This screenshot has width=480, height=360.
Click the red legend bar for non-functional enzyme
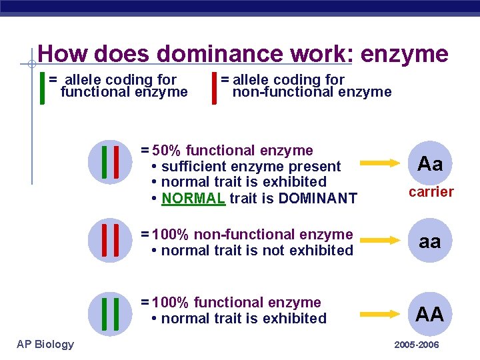pos(214,87)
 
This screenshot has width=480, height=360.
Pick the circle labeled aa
pos(430,241)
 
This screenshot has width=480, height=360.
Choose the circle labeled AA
pos(430,314)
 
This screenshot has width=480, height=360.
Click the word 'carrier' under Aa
pos(431,193)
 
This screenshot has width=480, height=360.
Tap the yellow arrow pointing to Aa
pos(383,163)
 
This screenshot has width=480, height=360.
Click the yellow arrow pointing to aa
pos(383,241)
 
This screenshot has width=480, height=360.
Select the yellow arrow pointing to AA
pos(383,314)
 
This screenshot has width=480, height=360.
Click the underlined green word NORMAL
pos(193,198)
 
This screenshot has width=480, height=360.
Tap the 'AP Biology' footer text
pos(46,344)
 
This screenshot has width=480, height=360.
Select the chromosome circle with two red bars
pos(110,241)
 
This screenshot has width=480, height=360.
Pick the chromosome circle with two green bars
pos(110,314)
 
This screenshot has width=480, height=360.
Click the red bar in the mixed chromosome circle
pos(116,163)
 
